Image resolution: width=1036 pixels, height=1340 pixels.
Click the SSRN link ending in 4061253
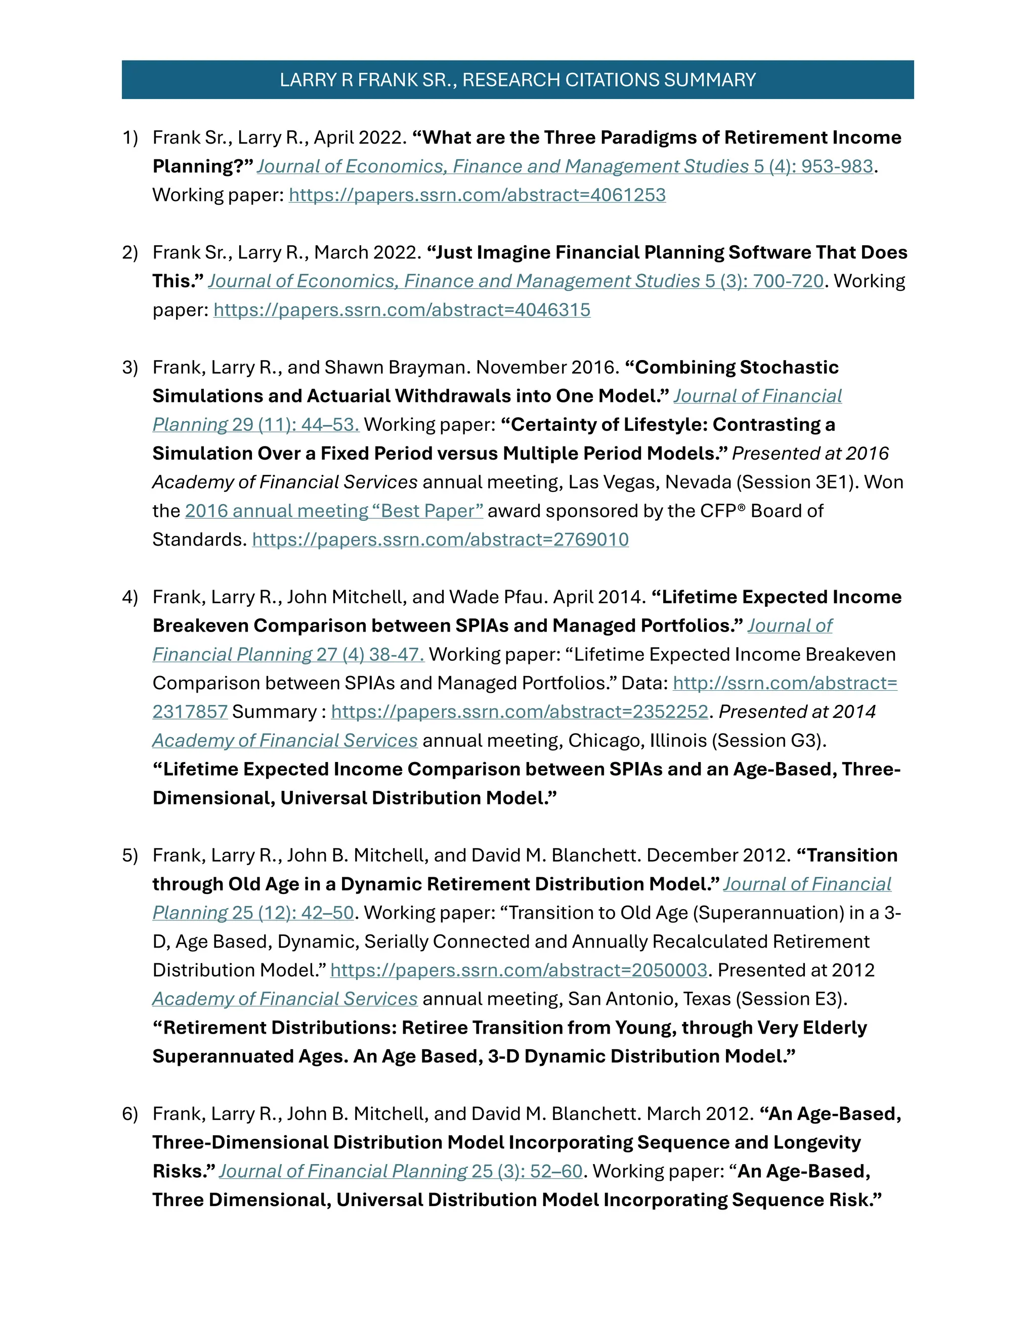click(477, 195)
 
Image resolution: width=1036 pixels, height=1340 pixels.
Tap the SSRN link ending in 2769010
click(440, 540)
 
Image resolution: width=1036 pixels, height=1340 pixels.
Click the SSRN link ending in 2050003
click(519, 970)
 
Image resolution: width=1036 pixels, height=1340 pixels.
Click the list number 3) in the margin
click(130, 368)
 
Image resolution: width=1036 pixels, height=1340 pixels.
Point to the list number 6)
click(130, 1113)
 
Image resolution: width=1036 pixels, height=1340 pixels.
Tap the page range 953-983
click(837, 166)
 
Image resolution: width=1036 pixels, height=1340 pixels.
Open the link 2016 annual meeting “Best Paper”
click(334, 511)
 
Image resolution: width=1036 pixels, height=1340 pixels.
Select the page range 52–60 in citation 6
click(555, 1171)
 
